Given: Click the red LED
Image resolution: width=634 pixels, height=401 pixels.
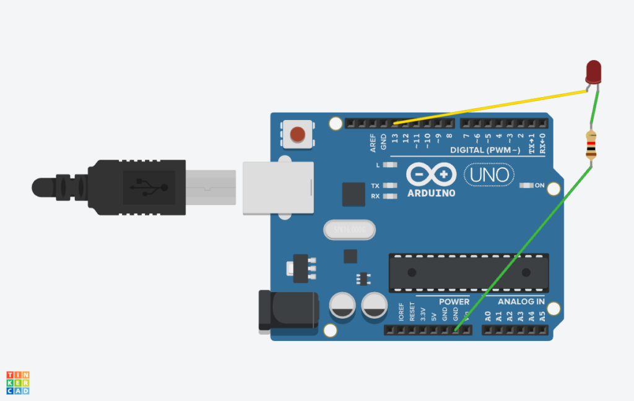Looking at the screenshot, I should coord(594,71).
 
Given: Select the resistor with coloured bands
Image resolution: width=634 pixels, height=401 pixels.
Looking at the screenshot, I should coord(592,145).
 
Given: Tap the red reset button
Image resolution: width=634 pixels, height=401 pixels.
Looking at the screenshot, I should coord(298,134).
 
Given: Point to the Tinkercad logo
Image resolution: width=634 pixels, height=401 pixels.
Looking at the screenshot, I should coord(18,382).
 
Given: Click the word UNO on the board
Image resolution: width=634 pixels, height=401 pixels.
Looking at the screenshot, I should coord(489,175).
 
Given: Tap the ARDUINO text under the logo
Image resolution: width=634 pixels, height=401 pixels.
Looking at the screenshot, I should coord(431,193).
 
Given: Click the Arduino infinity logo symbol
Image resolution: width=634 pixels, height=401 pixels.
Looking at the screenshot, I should coord(431,175).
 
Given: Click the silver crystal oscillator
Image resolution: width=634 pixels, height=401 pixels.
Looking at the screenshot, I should coord(349,230).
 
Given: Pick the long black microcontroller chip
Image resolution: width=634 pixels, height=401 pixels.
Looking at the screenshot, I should coord(468,272).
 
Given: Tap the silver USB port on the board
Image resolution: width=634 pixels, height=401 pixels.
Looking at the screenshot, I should coord(277,188).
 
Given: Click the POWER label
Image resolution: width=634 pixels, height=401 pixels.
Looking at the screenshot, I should coord(454,301).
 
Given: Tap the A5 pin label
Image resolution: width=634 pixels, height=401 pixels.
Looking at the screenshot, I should coord(542,317).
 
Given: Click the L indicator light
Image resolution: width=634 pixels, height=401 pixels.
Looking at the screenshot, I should coord(390,165).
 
